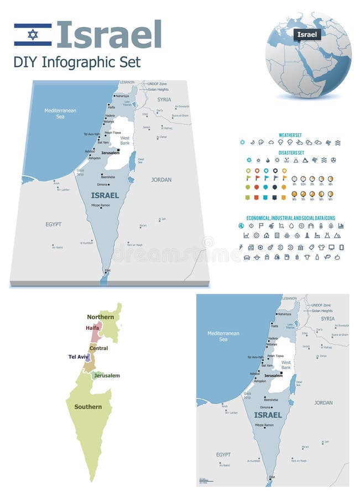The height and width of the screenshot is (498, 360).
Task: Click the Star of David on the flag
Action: click(33, 34)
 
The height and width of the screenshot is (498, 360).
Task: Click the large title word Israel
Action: click(109, 34)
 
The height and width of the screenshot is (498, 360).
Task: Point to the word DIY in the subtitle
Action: click(24, 61)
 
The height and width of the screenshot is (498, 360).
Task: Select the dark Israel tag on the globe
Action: click(307, 34)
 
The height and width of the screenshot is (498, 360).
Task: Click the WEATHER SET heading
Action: click(290, 134)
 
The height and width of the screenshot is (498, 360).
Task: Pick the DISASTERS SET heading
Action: click(290, 153)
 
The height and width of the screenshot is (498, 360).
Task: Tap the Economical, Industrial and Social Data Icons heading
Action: click(290, 218)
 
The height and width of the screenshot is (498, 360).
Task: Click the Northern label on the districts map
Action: click(100, 317)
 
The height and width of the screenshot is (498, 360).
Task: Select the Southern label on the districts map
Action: click(88, 407)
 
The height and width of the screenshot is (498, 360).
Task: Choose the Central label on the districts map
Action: click(99, 348)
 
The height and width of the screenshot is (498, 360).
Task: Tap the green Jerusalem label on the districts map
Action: click(107, 376)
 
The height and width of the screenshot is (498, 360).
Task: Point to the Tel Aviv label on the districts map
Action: click(78, 357)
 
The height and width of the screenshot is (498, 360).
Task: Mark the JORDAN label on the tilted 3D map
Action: click(161, 180)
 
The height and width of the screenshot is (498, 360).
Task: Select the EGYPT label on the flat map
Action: click(223, 454)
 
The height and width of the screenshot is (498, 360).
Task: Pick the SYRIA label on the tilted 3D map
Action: click(164, 100)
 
